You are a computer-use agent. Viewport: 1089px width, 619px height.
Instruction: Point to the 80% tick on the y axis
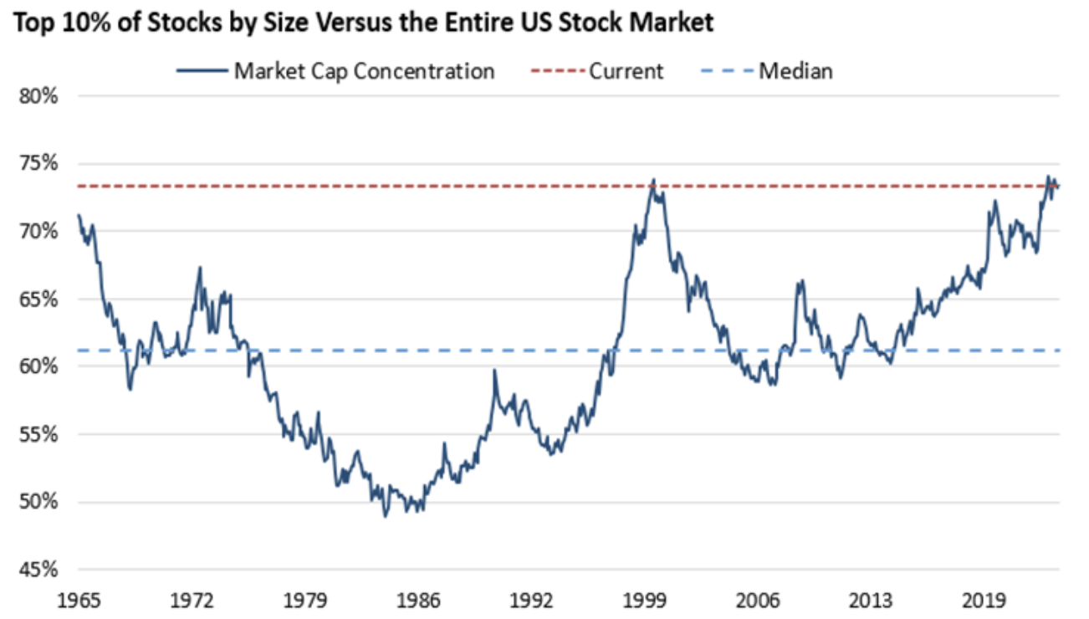pyautogui.click(x=40, y=95)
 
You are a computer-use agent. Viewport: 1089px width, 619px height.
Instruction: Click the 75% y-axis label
pyautogui.click(x=40, y=163)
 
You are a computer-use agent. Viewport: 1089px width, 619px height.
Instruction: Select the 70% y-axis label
pyautogui.click(x=40, y=231)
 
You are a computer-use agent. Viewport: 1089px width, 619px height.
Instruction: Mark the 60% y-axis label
pyautogui.click(x=40, y=366)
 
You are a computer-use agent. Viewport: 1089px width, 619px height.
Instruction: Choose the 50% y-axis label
pyautogui.click(x=40, y=502)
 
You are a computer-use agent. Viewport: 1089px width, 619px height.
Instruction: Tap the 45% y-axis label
pyautogui.click(x=40, y=570)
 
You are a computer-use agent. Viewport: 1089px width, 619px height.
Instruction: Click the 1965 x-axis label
pyautogui.click(x=79, y=600)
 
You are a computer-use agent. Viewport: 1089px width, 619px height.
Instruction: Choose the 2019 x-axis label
pyautogui.click(x=985, y=600)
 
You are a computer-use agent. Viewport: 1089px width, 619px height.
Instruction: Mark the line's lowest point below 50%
pyautogui.click(x=386, y=516)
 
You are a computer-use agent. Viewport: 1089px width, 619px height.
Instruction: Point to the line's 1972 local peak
pyautogui.click(x=200, y=268)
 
